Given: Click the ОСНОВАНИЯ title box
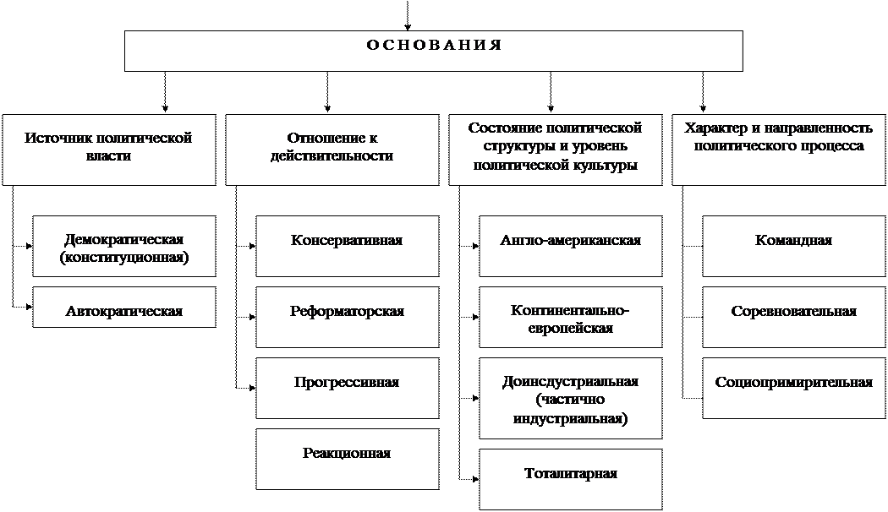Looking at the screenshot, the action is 433,51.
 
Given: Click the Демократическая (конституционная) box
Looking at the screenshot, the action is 124,246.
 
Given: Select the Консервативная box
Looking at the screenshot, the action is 347,246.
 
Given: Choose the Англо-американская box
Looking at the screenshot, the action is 571,246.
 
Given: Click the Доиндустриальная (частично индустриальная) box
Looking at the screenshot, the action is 571,399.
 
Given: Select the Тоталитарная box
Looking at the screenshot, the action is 571,478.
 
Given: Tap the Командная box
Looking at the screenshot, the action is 793,246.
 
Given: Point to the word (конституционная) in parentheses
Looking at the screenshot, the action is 124,258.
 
